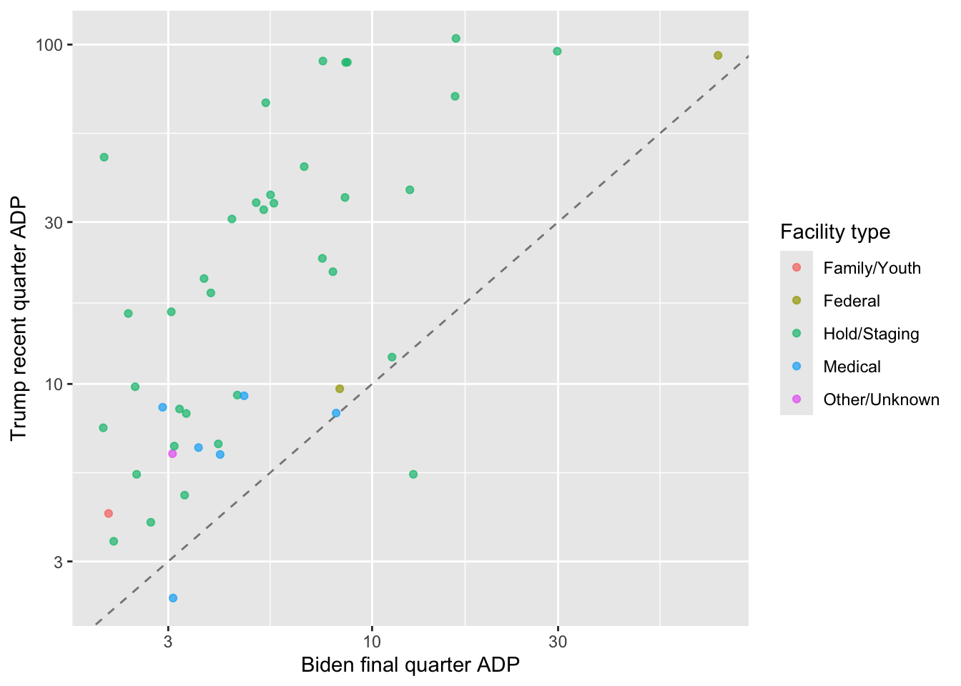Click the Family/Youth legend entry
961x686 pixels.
(872, 268)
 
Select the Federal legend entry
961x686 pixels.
(851, 301)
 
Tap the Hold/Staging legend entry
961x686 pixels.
(871, 334)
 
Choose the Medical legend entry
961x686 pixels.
(852, 367)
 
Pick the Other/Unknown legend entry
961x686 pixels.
(881, 399)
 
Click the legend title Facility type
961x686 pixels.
(835, 232)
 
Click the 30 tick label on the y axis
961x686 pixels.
(54, 222)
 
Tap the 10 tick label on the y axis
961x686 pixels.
(54, 384)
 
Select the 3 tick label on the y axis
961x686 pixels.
(59, 562)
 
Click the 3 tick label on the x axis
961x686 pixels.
(168, 642)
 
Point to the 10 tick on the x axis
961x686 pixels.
(371, 642)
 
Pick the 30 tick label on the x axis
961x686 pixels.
(558, 642)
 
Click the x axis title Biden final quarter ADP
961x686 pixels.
(410, 665)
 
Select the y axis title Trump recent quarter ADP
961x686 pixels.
(19, 318)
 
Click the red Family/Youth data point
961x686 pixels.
(109, 513)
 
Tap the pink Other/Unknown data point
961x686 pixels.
(172, 454)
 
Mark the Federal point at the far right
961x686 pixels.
(718, 56)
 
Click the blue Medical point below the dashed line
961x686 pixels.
(173, 598)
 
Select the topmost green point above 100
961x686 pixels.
(456, 39)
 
